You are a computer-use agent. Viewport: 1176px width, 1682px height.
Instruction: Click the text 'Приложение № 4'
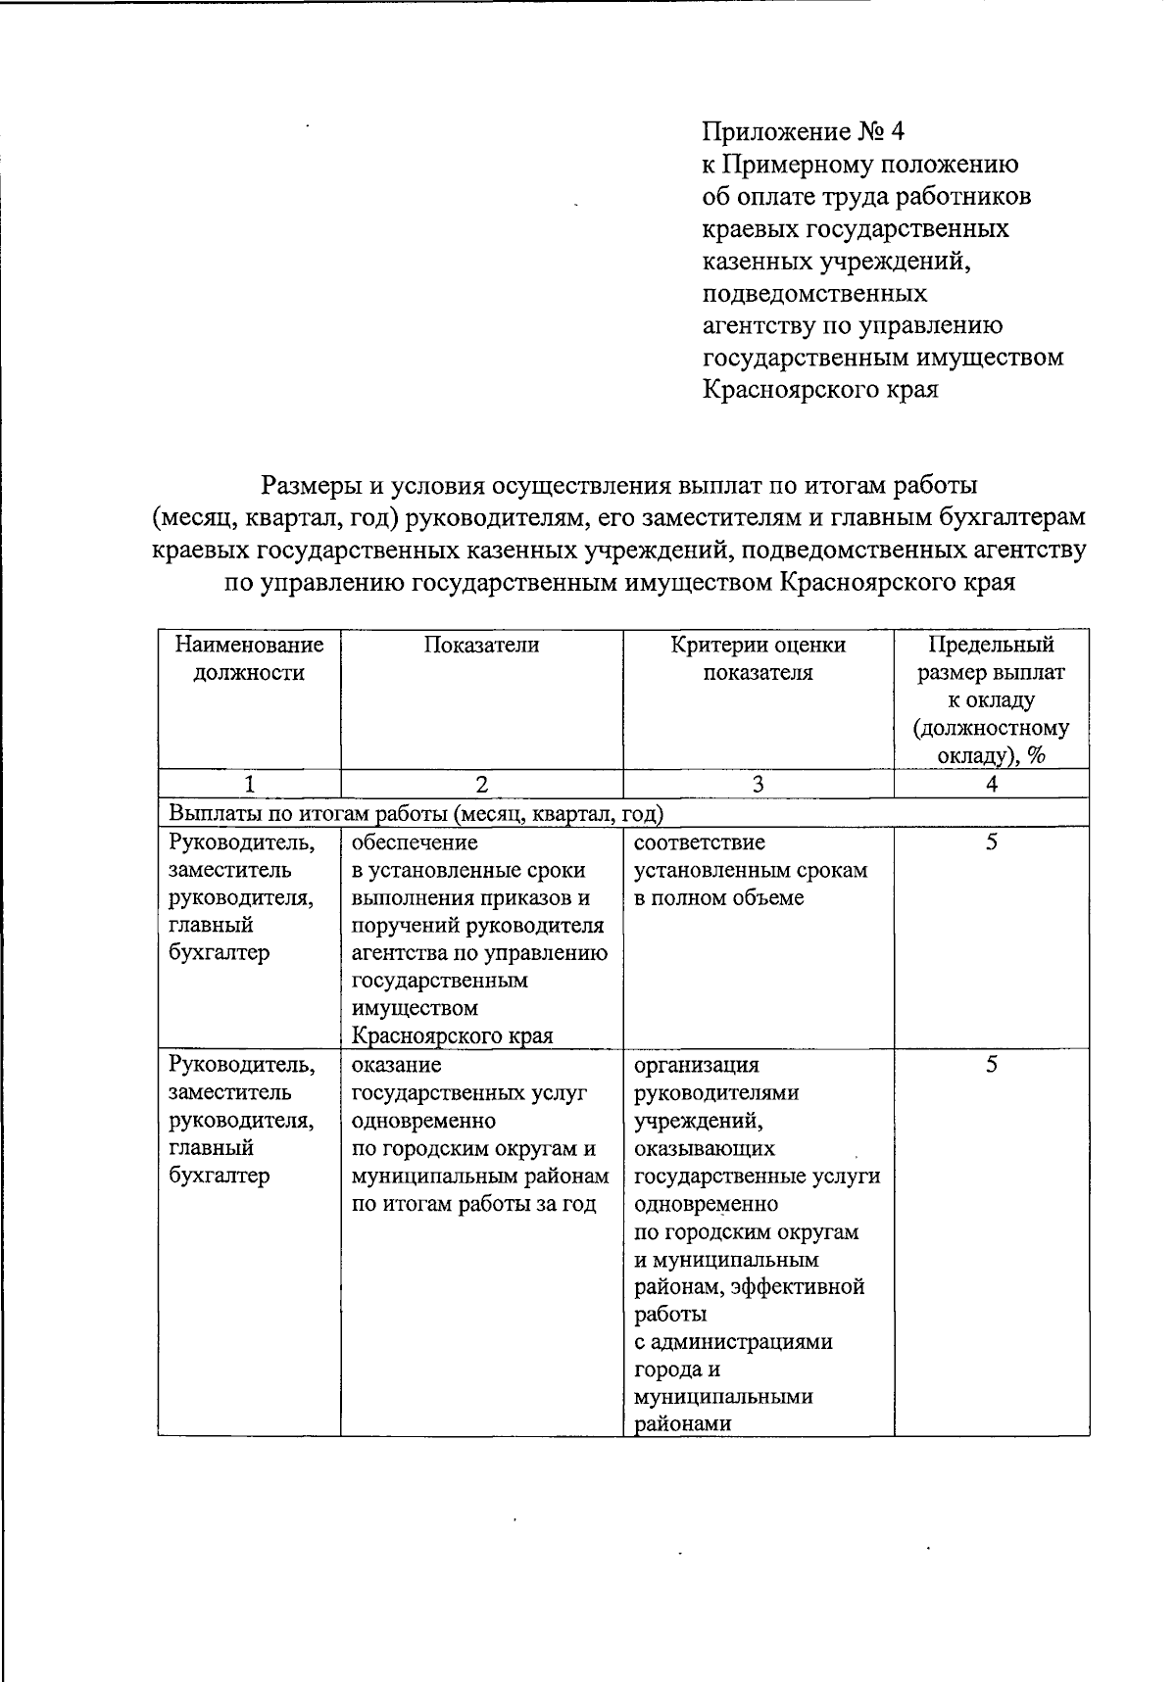click(809, 131)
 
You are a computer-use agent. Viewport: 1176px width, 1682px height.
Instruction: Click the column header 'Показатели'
click(481, 645)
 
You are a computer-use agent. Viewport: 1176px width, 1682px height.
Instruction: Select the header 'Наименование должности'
click(248, 658)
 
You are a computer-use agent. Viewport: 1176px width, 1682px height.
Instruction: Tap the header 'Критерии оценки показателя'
click(758, 658)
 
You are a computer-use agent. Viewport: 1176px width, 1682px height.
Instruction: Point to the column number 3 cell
click(758, 784)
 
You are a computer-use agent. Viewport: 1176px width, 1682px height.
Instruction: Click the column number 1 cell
click(248, 784)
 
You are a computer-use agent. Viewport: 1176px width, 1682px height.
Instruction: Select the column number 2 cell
click(481, 784)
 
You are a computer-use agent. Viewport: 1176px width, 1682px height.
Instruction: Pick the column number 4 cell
click(991, 784)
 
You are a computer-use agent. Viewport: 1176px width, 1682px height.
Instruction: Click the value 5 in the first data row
click(991, 842)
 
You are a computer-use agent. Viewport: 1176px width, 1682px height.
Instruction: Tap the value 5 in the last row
click(991, 1065)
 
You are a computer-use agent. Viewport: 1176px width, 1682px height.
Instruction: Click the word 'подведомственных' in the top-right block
click(815, 293)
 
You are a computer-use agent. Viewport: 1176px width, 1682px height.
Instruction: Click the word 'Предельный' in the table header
click(991, 645)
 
